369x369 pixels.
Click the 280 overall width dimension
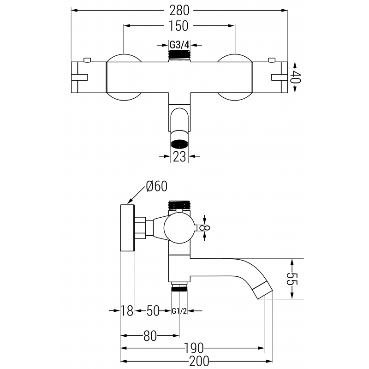(179, 10)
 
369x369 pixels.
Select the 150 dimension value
(179, 26)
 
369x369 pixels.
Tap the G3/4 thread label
(179, 45)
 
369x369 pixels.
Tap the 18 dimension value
(128, 311)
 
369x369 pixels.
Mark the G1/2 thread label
(179, 311)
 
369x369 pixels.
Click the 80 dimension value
(149, 336)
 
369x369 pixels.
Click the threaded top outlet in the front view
(179, 56)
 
